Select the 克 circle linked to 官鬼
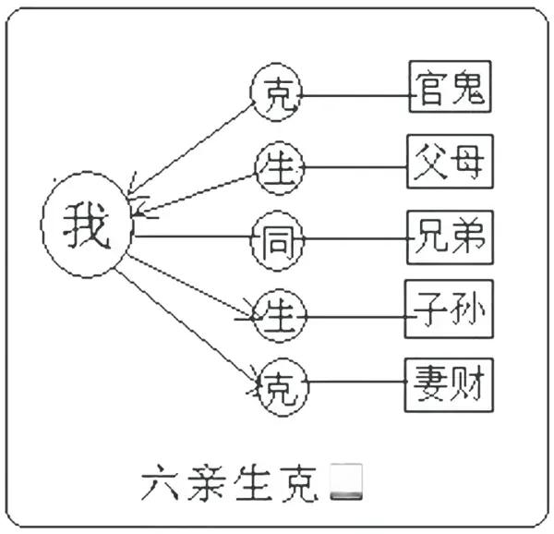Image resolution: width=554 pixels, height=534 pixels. click(x=276, y=92)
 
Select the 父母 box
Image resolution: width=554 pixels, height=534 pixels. click(x=450, y=164)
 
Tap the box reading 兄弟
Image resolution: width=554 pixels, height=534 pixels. click(x=450, y=238)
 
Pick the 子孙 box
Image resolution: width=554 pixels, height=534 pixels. click(x=450, y=311)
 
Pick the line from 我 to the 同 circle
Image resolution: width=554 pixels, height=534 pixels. click(x=194, y=237)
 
